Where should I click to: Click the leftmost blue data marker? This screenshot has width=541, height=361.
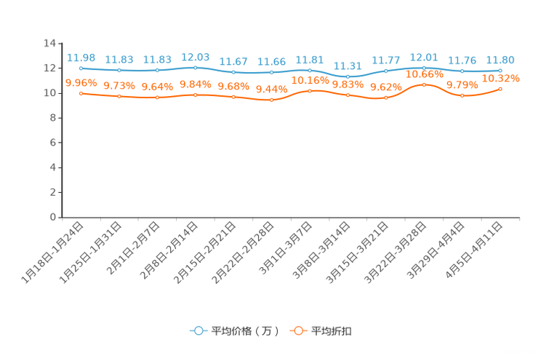point(81,68)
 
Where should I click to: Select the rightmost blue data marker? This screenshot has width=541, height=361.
point(500,71)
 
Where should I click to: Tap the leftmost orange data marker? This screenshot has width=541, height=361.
point(81,93)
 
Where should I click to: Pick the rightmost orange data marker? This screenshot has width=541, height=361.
point(500,89)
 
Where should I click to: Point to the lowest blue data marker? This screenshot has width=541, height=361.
point(348,76)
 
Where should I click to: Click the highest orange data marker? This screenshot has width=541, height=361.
point(424,84)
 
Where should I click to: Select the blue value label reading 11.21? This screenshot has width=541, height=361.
point(348,66)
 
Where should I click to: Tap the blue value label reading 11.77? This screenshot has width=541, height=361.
point(385,60)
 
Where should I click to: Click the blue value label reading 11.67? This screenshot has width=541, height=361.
point(233,61)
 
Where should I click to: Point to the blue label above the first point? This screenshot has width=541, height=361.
point(81,57)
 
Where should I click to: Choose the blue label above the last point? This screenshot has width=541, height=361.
point(500,60)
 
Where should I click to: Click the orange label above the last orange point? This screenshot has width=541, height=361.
point(502,78)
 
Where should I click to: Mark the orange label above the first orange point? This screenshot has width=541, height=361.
point(80,82)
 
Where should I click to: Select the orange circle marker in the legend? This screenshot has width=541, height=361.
point(297,331)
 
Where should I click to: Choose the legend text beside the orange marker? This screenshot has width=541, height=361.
point(332,331)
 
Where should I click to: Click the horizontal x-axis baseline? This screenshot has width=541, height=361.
point(291,217)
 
